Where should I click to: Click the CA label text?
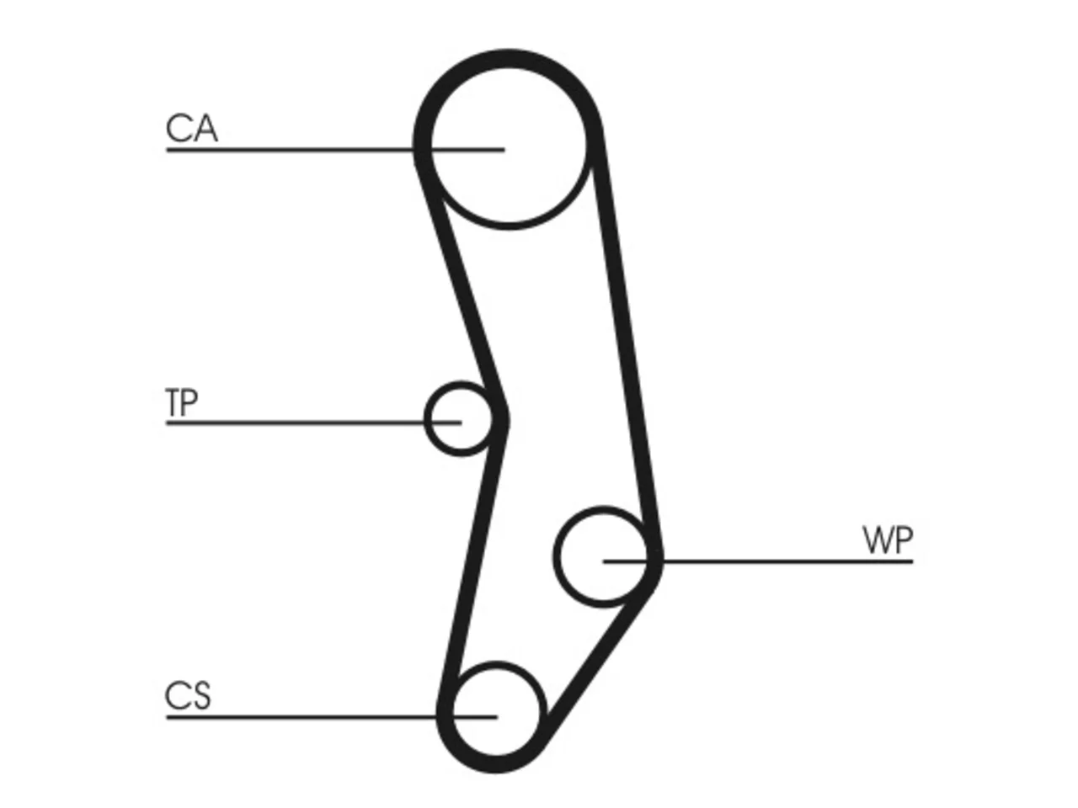[x=191, y=128]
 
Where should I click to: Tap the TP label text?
[x=182, y=402]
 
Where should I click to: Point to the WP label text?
[x=888, y=540]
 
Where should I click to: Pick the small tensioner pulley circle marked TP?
[x=425, y=418]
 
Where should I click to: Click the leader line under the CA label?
[x=335, y=150]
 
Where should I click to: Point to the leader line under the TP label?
[x=314, y=423]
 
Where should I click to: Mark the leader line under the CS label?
[x=332, y=717]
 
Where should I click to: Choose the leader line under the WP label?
[x=758, y=561]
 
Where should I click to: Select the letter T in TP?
[x=173, y=402]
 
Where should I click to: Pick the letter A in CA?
[x=205, y=128]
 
